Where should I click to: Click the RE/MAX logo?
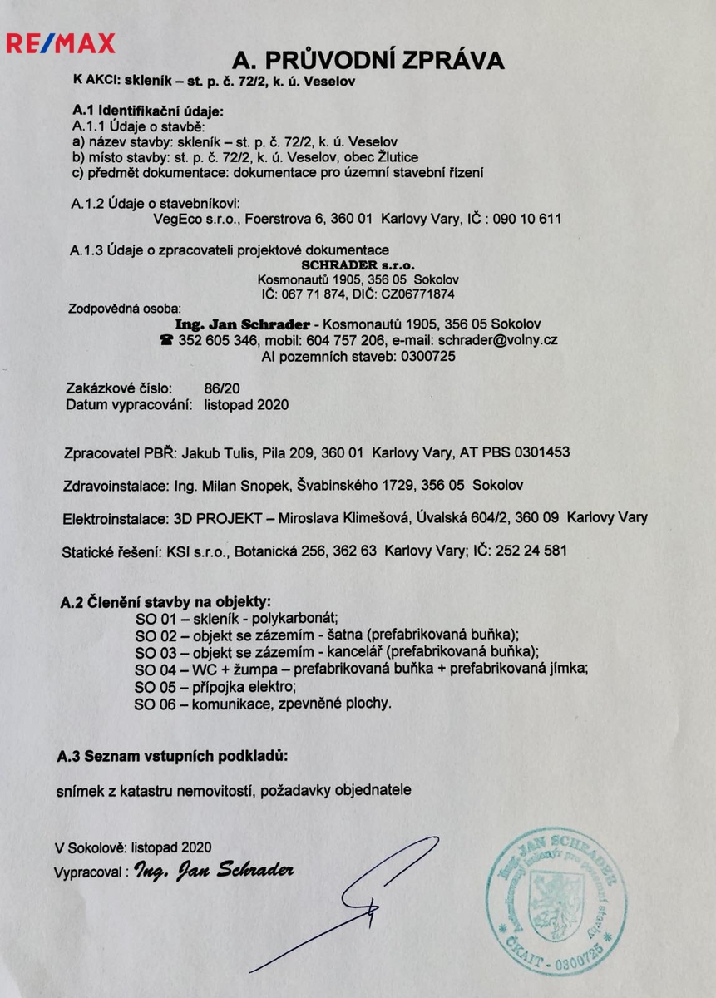61,42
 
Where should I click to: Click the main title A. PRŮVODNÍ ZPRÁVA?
368,60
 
